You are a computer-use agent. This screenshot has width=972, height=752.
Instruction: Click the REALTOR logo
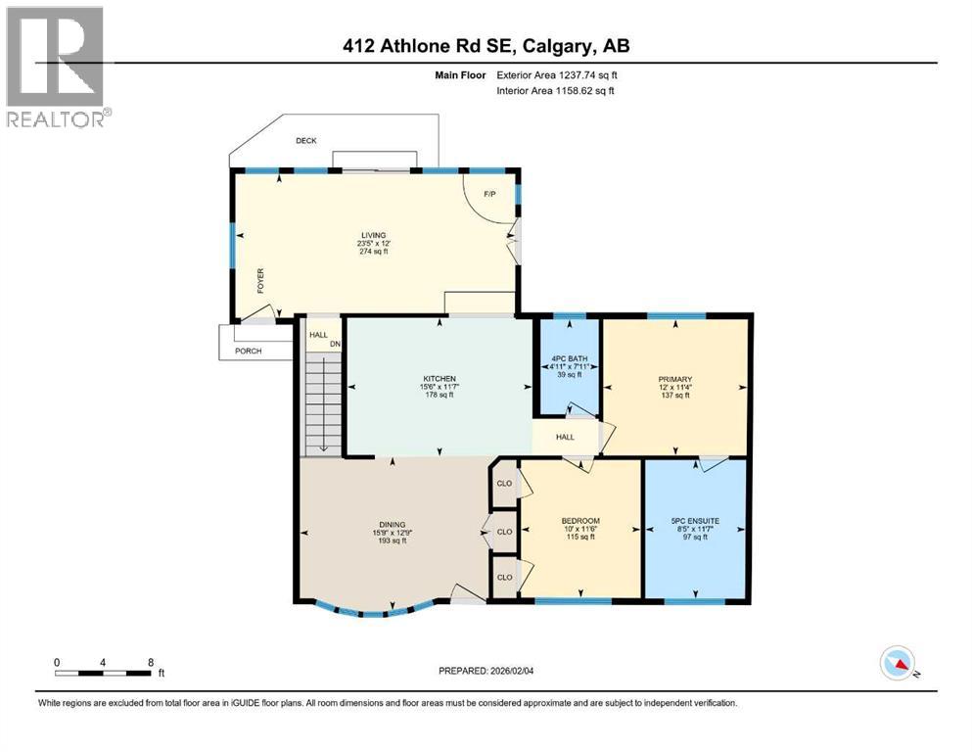[x=55, y=66]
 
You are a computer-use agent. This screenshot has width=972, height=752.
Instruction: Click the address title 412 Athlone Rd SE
[x=486, y=45]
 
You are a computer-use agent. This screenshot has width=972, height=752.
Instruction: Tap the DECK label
[x=307, y=141]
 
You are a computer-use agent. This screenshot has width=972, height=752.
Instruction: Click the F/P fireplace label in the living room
[x=488, y=193]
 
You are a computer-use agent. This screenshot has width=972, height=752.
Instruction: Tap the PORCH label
[x=248, y=351]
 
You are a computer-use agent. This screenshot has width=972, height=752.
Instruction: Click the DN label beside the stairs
[x=334, y=344]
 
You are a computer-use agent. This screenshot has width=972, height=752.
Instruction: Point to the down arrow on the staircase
[x=323, y=438]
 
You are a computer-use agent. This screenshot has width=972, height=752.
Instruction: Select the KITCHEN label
[x=440, y=379]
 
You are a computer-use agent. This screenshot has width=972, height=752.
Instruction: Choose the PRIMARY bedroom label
[x=675, y=379]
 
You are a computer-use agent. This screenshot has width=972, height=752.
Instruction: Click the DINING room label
[x=393, y=525]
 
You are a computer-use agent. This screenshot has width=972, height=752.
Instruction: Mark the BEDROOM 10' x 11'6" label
[x=579, y=521]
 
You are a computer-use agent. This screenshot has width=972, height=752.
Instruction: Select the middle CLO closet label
[x=504, y=532]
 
